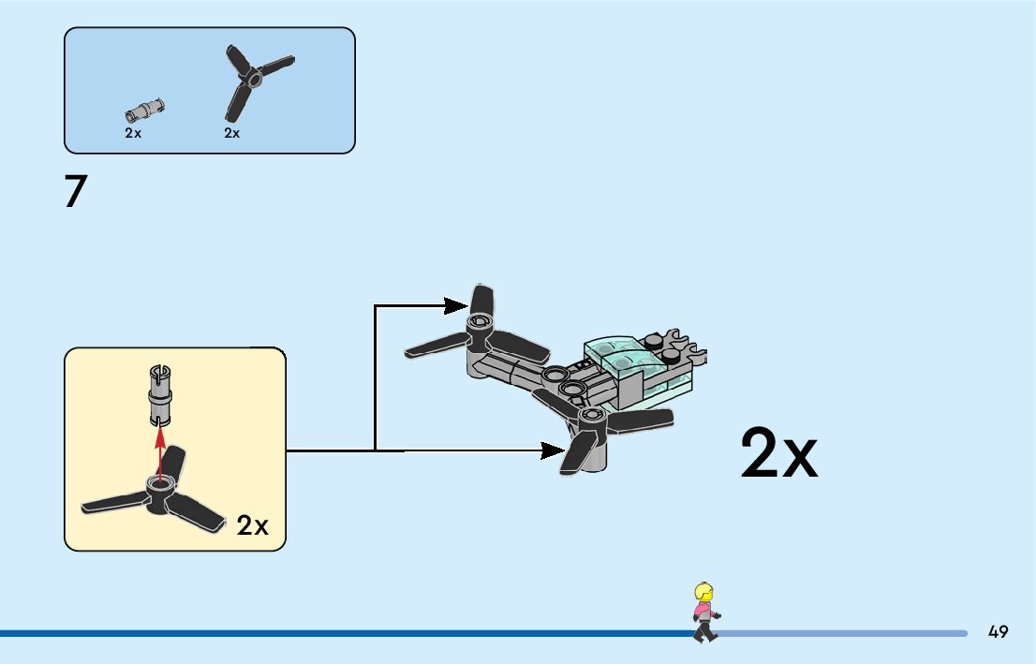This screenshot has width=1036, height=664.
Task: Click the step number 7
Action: (76, 192)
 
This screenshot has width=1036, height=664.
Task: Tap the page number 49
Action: (998, 632)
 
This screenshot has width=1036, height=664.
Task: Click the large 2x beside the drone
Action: (778, 454)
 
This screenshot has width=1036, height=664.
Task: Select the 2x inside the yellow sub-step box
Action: (252, 526)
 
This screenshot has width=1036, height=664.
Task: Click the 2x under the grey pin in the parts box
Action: (133, 134)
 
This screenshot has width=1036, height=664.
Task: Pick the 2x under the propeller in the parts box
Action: (232, 134)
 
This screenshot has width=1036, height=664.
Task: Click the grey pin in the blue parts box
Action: (144, 110)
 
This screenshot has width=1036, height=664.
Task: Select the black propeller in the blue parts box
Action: (255, 79)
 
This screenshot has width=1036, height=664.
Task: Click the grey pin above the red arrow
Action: (159, 391)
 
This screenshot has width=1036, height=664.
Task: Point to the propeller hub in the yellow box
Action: (159, 488)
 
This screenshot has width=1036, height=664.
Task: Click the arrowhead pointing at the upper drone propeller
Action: (456, 305)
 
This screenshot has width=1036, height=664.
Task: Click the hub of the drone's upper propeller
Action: (480, 325)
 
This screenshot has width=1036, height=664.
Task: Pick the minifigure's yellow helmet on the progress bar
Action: (703, 593)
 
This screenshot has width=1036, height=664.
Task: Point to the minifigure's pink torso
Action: (703, 614)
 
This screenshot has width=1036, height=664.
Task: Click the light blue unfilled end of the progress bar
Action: (843, 633)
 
